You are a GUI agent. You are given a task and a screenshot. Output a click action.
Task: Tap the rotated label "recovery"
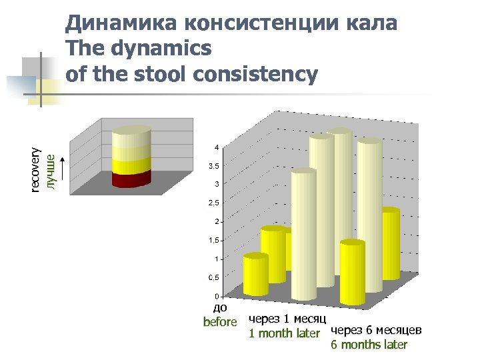[37, 169]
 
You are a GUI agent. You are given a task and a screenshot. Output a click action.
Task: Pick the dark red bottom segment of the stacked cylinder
[131, 179]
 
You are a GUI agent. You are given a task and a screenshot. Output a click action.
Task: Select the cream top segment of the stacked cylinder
[131, 138]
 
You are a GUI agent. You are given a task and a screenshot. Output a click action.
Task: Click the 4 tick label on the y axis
[215, 147]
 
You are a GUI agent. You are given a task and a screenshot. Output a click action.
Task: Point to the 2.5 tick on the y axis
[213, 203]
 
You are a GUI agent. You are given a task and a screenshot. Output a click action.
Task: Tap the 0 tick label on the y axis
[215, 296]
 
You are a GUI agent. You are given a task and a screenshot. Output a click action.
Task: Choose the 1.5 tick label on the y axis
[213, 240]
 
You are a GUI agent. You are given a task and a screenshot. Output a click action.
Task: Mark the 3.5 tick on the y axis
[213, 165]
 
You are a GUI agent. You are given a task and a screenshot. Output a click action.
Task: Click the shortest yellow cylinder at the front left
[255, 275]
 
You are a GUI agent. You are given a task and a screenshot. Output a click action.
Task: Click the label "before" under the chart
[220, 322]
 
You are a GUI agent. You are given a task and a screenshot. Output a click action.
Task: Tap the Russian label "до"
[220, 308]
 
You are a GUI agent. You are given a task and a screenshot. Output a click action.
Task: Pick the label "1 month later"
[284, 333]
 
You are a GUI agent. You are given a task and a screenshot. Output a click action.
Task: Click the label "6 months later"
[369, 345]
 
